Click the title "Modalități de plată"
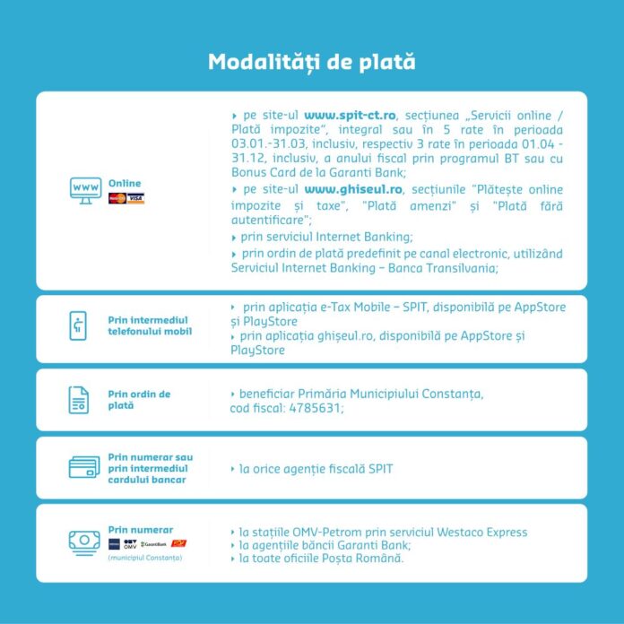tap(311, 62)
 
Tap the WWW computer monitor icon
tap(85, 190)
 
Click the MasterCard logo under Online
tap(116, 198)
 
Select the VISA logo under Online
tap(135, 198)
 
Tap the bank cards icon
tap(83, 467)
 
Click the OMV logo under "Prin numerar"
tap(130, 544)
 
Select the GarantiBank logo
tap(153, 544)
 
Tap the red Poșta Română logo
tap(179, 543)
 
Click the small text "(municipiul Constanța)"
tap(144, 558)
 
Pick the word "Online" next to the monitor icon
tap(125, 183)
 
